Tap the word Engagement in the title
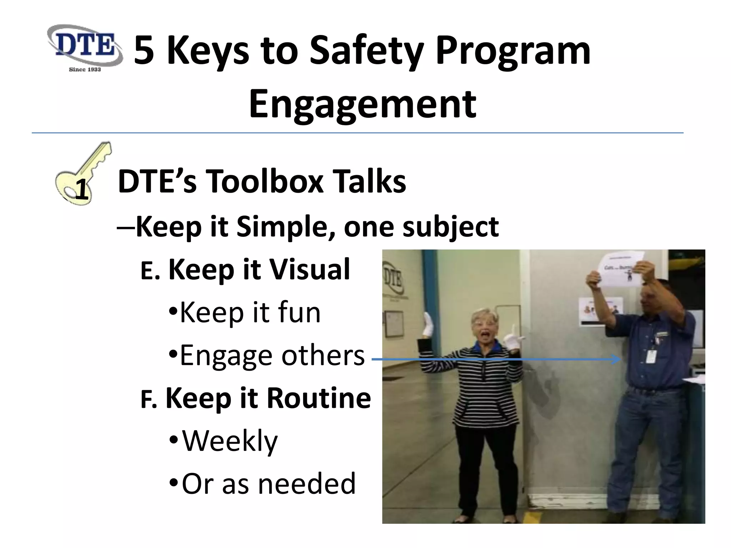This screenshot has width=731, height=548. click(x=362, y=105)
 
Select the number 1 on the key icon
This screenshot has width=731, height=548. click(x=82, y=191)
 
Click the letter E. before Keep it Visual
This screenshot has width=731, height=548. click(x=150, y=271)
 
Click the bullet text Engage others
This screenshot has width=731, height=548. click(x=272, y=355)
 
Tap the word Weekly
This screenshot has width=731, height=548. click(x=230, y=441)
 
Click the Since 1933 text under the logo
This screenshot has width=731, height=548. click(x=85, y=69)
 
